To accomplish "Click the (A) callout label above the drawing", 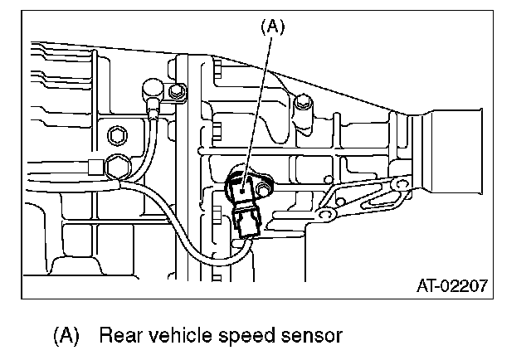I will point(272,27).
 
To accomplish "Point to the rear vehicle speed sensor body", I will point(242,187).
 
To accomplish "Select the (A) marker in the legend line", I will point(66,336).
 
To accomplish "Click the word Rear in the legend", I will point(118,336).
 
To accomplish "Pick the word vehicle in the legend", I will point(175,336).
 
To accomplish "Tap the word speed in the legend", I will point(241,336).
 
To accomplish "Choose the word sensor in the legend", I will point(306,336).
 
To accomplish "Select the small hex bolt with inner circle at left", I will point(117,134).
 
